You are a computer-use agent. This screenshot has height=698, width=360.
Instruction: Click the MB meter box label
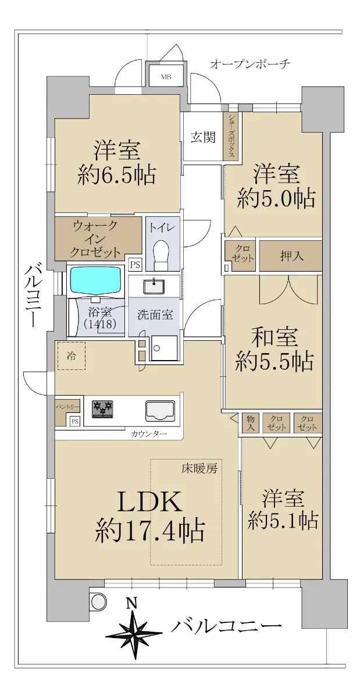coord(166,77)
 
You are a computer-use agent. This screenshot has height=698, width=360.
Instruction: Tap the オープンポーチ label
coord(250,64)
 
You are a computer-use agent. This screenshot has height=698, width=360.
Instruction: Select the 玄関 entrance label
coord(203,137)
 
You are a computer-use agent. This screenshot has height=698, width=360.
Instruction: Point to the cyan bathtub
coord(96,280)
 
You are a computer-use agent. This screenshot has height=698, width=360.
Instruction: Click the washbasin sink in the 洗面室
coord(154,286)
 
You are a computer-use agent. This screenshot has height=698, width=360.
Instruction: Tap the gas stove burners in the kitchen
coord(102,409)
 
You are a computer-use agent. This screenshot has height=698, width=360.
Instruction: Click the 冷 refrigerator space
coord(72,355)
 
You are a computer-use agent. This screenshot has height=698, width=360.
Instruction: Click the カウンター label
coord(149,434)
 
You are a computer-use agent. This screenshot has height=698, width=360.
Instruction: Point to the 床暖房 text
coord(199,468)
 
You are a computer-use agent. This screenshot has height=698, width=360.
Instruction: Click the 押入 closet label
coord(291,256)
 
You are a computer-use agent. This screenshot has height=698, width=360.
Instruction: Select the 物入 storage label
coord(250,423)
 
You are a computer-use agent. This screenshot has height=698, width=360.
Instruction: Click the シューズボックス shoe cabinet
coord(231,136)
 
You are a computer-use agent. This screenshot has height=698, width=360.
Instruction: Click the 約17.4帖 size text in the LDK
coord(149,530)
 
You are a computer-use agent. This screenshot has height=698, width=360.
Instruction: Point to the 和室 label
coord(275,337)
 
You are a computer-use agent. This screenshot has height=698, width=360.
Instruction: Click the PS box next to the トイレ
coord(136,265)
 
